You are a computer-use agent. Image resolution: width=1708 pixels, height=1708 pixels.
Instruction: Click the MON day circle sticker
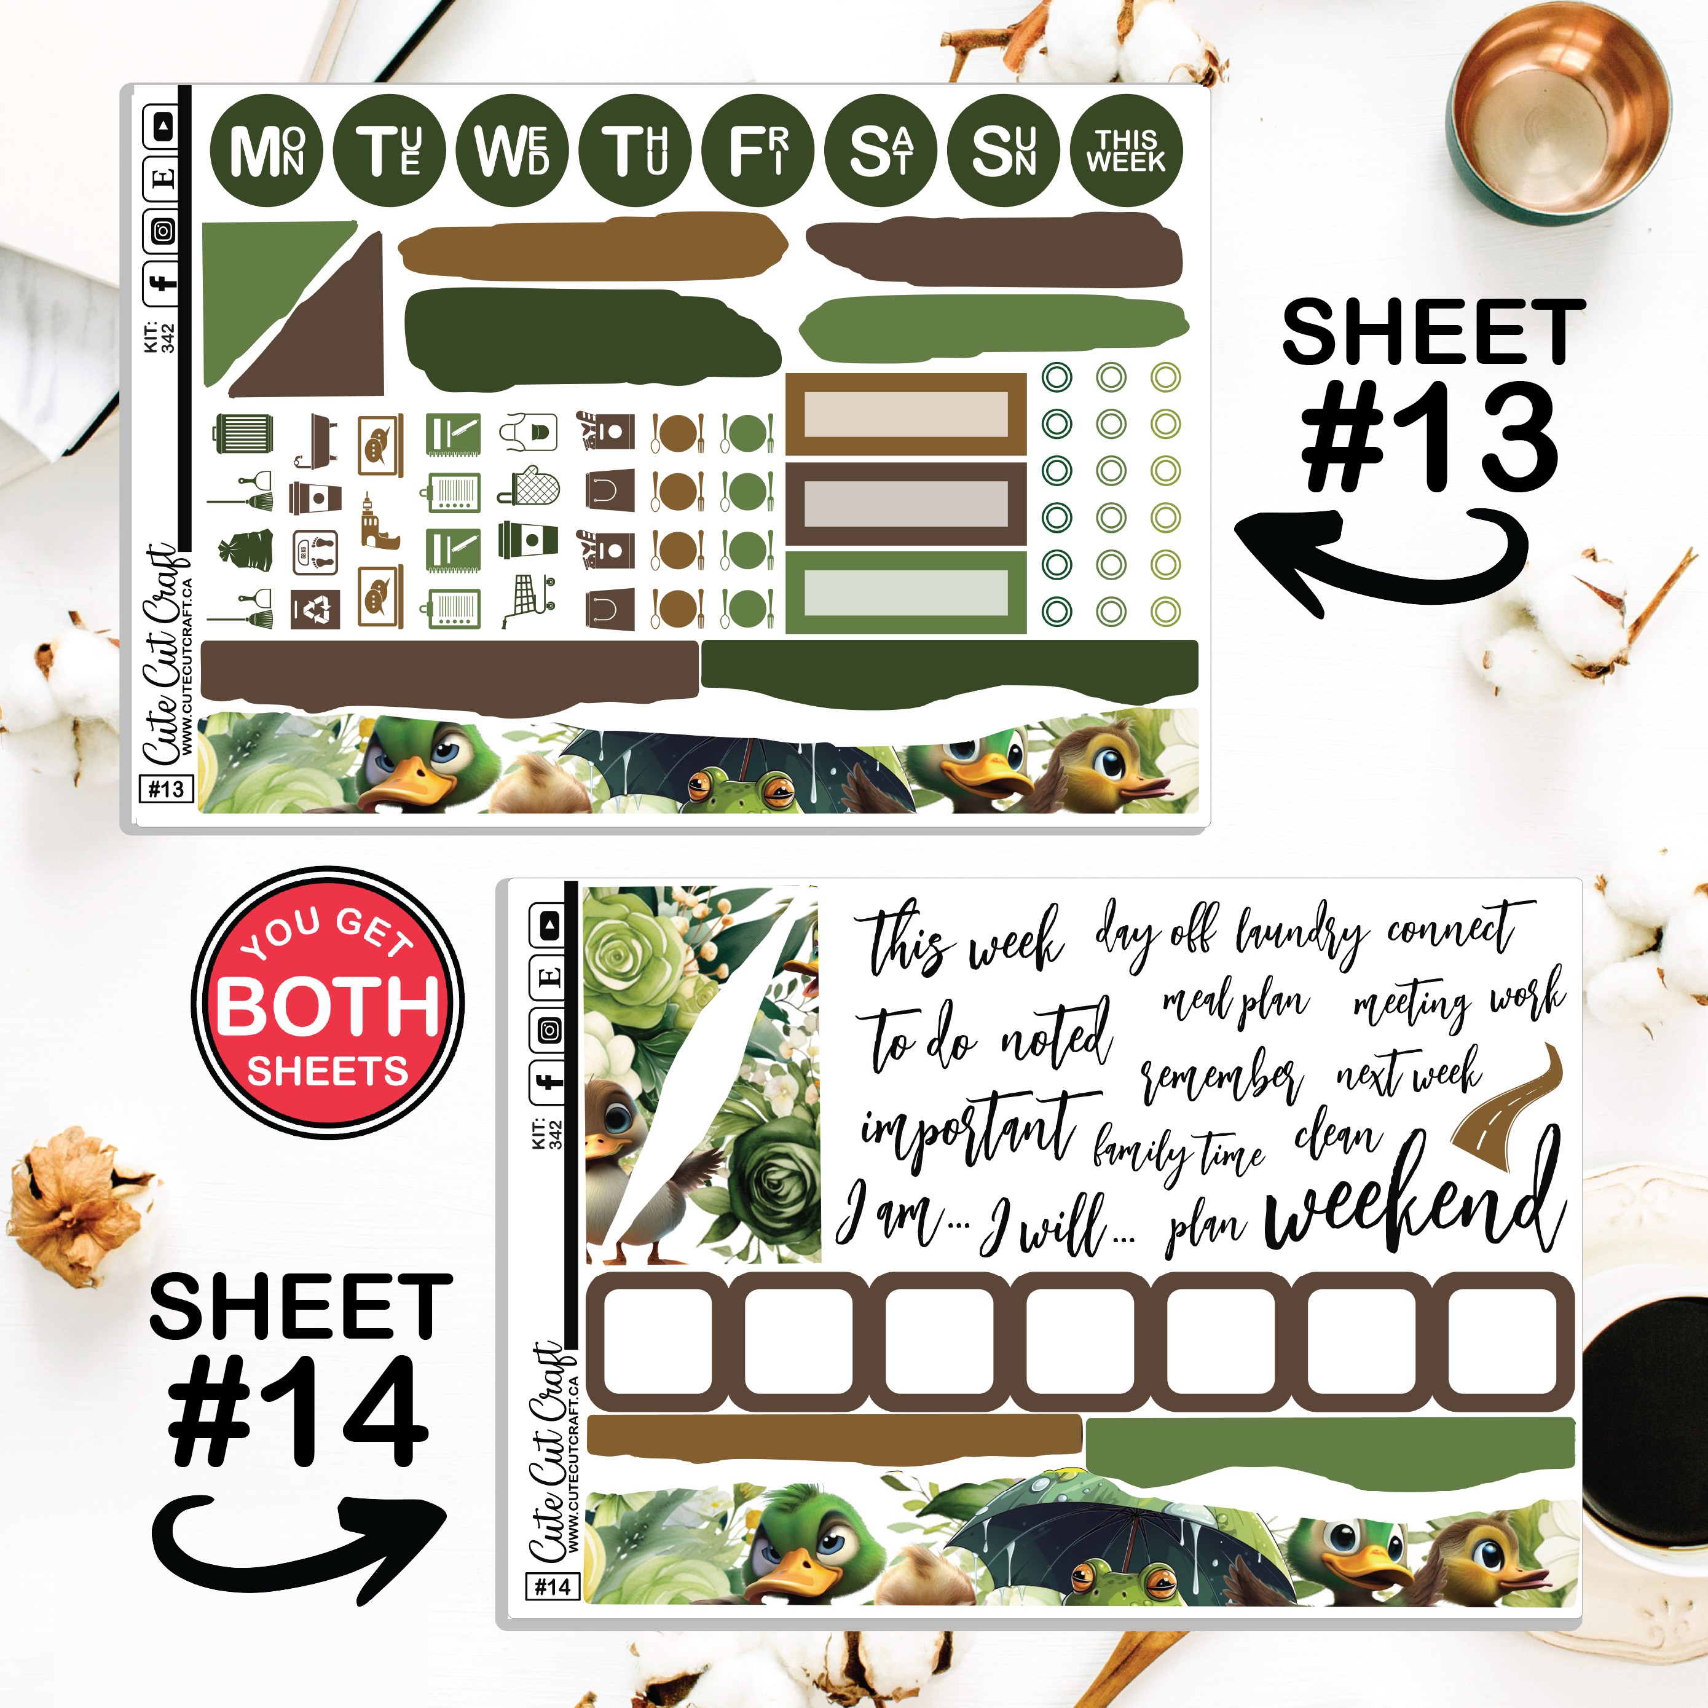pyautogui.click(x=266, y=151)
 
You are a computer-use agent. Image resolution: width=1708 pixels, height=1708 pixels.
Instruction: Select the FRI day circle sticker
pyautogui.click(x=758, y=151)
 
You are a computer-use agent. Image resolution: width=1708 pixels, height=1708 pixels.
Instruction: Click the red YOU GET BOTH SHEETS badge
pyautogui.click(x=328, y=1002)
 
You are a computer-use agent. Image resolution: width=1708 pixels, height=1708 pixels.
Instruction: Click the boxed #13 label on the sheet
pyautogui.click(x=166, y=789)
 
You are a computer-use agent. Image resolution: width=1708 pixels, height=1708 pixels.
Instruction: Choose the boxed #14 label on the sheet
pyautogui.click(x=553, y=1587)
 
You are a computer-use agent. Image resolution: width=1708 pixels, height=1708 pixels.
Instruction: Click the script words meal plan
pyautogui.click(x=1235, y=1002)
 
